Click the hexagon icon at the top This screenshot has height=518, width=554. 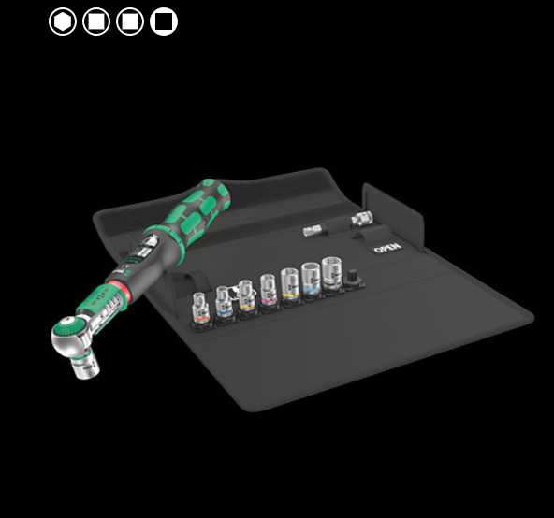coord(63,22)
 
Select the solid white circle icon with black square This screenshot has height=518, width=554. coord(164,22)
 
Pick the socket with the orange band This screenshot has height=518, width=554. coord(200,304)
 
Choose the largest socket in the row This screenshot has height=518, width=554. coord(332,275)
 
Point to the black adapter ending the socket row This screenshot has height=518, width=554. coord(355,278)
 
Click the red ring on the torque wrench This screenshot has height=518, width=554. coord(118,284)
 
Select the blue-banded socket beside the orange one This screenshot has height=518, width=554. coord(224,299)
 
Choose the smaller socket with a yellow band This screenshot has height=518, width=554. coord(246,295)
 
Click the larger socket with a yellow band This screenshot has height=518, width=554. coord(288,285)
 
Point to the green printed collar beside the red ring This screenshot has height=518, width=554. coord(102,298)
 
